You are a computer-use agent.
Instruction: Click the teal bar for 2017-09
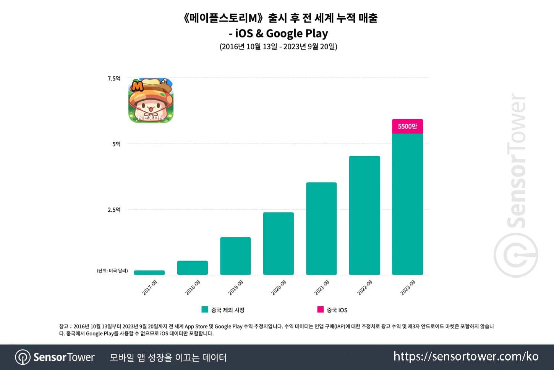click(x=149, y=272)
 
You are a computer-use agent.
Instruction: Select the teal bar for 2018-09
click(x=193, y=268)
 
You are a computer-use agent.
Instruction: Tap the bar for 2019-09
click(x=235, y=256)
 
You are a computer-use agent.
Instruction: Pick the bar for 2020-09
click(x=279, y=243)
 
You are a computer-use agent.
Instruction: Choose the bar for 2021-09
click(x=321, y=228)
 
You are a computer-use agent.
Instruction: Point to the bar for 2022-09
click(x=364, y=215)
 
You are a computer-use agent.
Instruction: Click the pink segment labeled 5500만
click(x=407, y=126)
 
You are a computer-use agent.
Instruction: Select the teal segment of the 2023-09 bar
click(x=407, y=204)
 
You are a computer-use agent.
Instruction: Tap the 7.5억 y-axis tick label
click(x=114, y=79)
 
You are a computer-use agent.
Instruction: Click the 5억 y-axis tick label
click(x=116, y=144)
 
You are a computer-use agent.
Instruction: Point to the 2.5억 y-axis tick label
click(x=114, y=210)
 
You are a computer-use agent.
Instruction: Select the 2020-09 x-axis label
click(x=279, y=287)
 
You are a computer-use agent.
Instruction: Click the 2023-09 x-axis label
click(x=408, y=287)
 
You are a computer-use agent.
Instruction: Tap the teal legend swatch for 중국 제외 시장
click(x=205, y=309)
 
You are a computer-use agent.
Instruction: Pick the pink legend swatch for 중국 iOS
click(x=321, y=309)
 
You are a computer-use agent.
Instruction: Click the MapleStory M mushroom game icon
click(x=151, y=101)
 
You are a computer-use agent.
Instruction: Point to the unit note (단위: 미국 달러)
click(x=112, y=271)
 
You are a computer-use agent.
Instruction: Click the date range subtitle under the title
click(x=278, y=47)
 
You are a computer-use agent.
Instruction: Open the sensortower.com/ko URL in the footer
click(x=466, y=356)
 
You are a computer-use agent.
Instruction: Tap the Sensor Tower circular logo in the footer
click(x=23, y=357)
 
